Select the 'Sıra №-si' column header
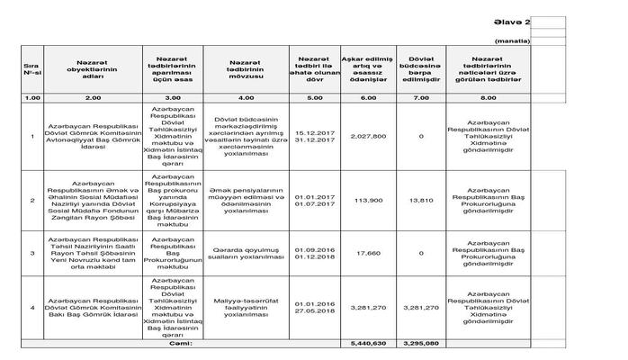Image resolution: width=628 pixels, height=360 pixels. click(32, 72)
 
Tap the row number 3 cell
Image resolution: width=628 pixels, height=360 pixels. click(32, 253)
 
